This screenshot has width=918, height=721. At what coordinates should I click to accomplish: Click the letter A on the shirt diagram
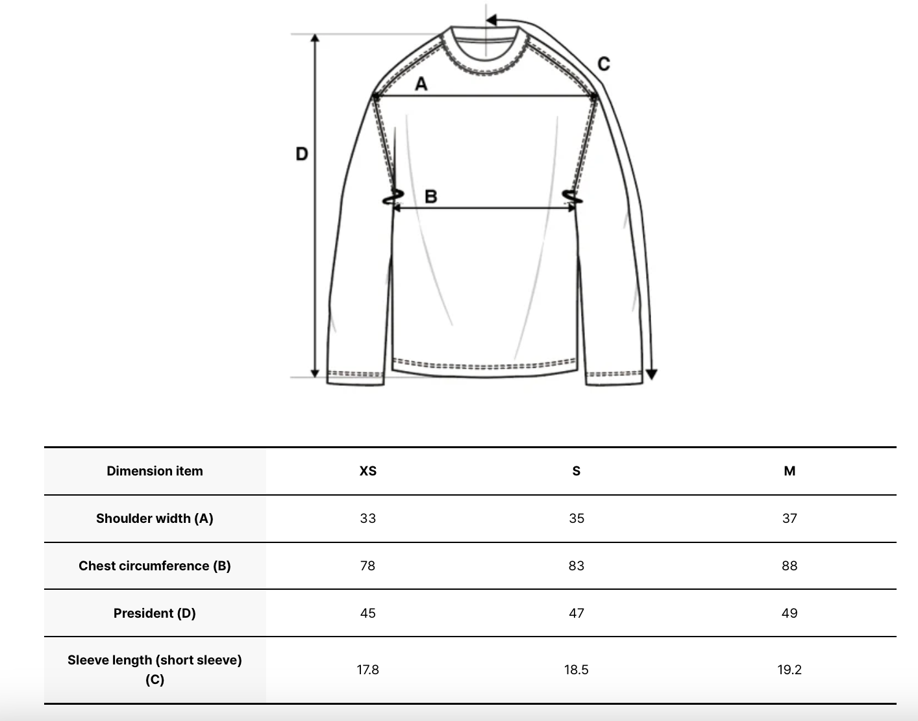421,84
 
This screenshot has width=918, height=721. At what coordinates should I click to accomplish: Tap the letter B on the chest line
430,196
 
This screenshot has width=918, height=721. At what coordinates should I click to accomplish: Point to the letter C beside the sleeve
603,64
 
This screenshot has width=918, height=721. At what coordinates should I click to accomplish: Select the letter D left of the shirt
302,154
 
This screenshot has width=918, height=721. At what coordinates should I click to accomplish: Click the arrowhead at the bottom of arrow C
652,374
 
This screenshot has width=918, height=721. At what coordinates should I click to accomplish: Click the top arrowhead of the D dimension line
315,38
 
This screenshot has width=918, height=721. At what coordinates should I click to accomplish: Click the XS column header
368,471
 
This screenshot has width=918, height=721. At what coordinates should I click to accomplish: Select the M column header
789,471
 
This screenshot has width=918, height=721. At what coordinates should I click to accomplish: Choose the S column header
577,471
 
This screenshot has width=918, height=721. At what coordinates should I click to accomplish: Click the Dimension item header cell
155,471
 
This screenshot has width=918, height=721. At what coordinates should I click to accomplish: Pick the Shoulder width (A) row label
155,518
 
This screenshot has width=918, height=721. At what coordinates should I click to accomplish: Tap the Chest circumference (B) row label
155,566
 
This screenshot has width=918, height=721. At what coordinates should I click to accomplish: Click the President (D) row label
155,613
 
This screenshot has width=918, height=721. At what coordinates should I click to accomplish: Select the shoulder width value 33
368,518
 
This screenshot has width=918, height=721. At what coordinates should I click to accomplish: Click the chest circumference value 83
577,566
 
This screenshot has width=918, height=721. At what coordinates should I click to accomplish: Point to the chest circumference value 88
789,566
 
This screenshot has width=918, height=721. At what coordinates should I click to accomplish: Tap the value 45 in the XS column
368,613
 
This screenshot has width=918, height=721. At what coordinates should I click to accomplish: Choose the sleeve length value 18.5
577,670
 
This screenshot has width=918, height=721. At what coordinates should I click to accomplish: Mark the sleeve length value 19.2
789,670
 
